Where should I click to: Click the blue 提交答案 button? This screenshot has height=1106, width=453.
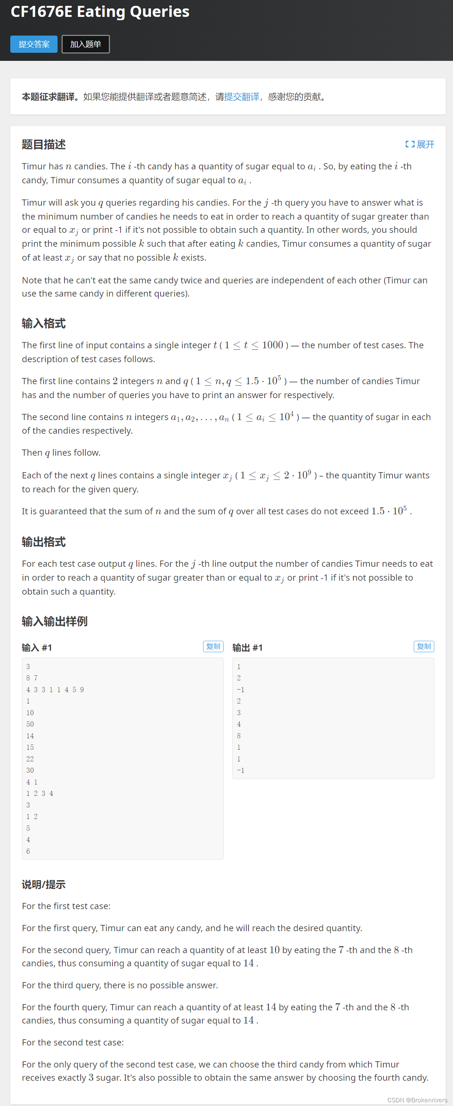pyautogui.click(x=34, y=44)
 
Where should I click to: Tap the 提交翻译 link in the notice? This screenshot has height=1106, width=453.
pyautogui.click(x=242, y=97)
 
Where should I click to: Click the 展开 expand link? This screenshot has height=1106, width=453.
pyautogui.click(x=420, y=144)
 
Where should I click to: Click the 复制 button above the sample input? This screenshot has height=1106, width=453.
pyautogui.click(x=213, y=646)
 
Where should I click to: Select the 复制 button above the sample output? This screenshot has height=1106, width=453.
pyautogui.click(x=423, y=646)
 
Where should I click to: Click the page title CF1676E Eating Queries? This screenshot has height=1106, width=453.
pyautogui.click(x=100, y=12)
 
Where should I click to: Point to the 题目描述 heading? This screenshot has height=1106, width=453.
pyautogui.click(x=44, y=144)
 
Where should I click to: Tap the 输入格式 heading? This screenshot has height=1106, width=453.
pyautogui.click(x=44, y=323)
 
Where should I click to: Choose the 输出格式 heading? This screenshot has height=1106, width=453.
pyautogui.click(x=44, y=542)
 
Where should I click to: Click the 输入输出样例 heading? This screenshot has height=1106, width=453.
pyautogui.click(x=55, y=621)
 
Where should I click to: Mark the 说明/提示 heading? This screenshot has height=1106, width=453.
pyautogui.click(x=44, y=885)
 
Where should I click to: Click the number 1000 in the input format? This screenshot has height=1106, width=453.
pyautogui.click(x=272, y=345)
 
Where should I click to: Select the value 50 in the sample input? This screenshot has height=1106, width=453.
pyautogui.click(x=30, y=724)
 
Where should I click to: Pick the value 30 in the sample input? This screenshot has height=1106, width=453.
pyautogui.click(x=30, y=770)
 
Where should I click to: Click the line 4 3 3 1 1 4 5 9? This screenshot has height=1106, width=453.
pyautogui.click(x=55, y=690)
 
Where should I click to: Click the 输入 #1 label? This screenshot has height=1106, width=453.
pyautogui.click(x=37, y=647)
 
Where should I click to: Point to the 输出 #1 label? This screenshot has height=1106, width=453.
pyautogui.click(x=247, y=647)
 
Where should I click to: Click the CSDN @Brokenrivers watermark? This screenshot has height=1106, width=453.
pyautogui.click(x=417, y=1100)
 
